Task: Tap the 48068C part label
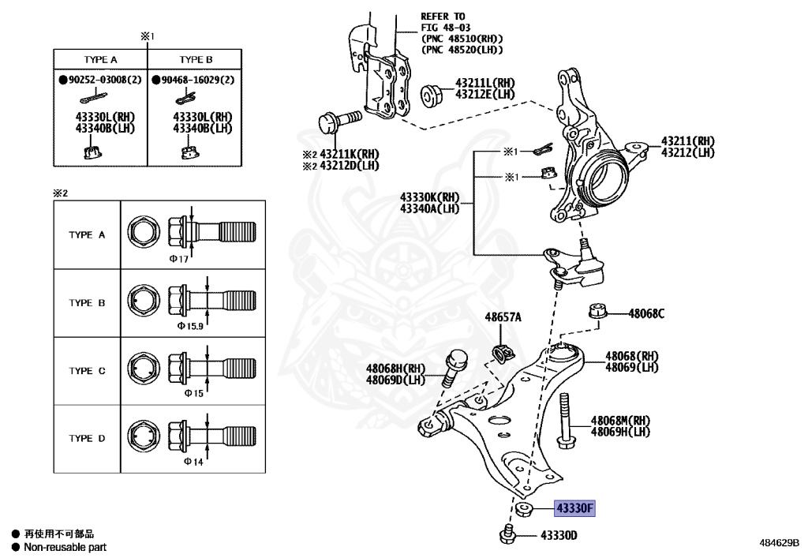tap(646, 313)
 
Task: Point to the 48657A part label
tap(503, 317)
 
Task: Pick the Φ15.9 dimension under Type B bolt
tap(190, 325)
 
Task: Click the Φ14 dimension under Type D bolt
tap(193, 462)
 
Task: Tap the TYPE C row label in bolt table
tap(86, 370)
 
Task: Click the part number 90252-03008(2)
tap(100, 80)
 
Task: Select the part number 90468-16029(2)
tap(194, 80)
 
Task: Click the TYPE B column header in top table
tap(196, 59)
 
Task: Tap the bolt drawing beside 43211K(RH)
tap(338, 122)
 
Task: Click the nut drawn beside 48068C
tap(598, 311)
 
